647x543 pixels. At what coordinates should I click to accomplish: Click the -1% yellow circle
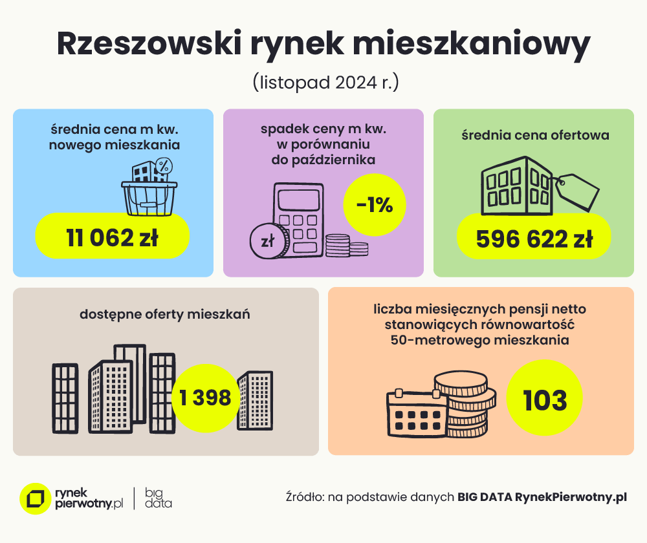pyautogui.click(x=375, y=205)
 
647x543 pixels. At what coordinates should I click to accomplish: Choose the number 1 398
pyautogui.click(x=206, y=398)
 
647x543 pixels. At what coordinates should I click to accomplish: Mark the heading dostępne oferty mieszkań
pyautogui.click(x=165, y=315)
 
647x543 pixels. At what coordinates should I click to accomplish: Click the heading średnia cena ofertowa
pyautogui.click(x=535, y=136)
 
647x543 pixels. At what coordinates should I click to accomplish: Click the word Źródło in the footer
pyautogui.click(x=304, y=497)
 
